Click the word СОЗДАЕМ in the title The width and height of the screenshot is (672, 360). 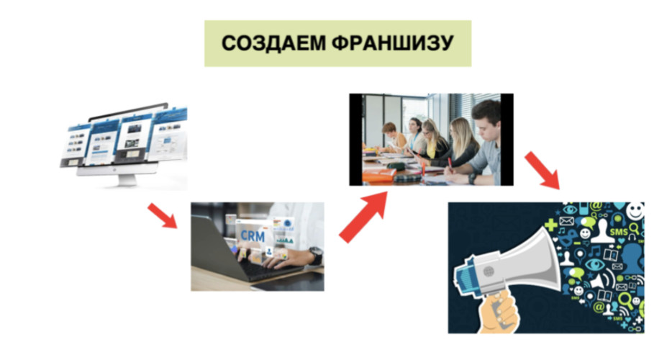[273, 43]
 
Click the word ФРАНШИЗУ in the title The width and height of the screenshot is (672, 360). [393, 43]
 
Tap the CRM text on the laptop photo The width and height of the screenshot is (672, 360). [253, 235]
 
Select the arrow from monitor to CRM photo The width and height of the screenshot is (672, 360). [162, 216]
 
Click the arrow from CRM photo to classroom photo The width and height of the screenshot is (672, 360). [362, 217]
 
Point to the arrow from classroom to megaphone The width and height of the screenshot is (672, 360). [542, 170]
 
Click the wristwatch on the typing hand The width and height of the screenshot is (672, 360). [316, 256]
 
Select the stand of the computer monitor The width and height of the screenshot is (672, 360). [127, 177]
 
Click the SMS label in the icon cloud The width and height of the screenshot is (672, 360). [619, 232]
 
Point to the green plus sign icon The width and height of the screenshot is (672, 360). [551, 225]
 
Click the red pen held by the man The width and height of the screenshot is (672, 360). [450, 163]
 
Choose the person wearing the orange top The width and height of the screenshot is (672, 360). [391, 137]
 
